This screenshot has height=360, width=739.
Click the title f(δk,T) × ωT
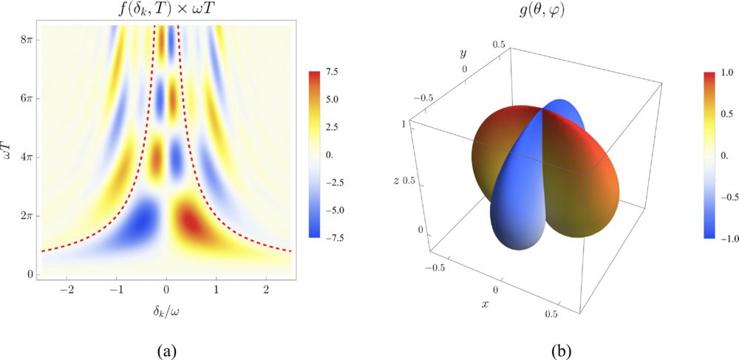(166, 11)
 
